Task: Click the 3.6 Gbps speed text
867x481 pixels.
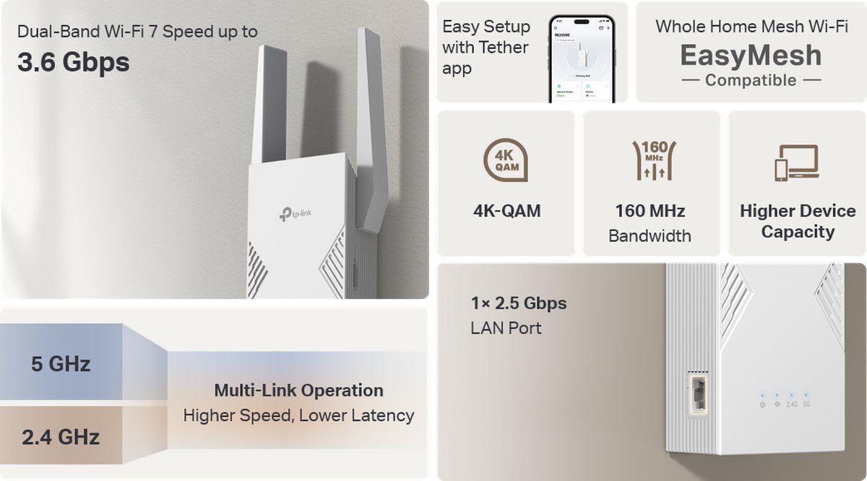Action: coord(73,62)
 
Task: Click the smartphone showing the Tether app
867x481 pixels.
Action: coord(582,59)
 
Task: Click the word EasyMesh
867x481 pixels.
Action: coord(751,56)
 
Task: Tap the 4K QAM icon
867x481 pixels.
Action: coord(506,160)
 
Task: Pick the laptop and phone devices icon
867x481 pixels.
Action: coord(796,162)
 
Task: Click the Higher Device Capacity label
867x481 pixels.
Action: coord(797,221)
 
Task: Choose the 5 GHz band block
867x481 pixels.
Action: coord(61,364)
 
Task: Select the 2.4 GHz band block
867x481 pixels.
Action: coord(61,437)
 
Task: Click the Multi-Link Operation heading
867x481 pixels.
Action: coord(298,391)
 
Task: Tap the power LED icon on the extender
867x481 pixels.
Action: coord(762,404)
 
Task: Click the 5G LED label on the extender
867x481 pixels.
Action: coord(806,404)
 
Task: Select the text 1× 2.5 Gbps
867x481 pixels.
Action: coord(518,303)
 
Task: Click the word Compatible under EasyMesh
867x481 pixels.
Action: coord(751,80)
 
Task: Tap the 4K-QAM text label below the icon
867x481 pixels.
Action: coord(506,211)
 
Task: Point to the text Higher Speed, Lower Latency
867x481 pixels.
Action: coord(298,415)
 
